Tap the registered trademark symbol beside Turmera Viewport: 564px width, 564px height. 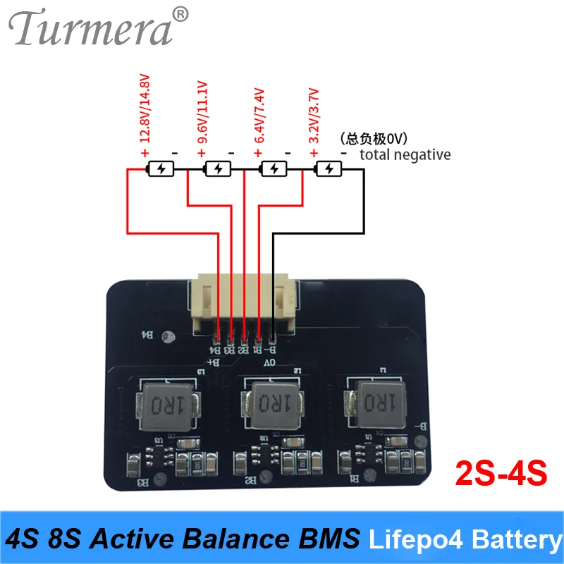tap(181, 14)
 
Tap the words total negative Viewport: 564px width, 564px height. tap(405, 154)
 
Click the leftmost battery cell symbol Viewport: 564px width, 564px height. tap(163, 169)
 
